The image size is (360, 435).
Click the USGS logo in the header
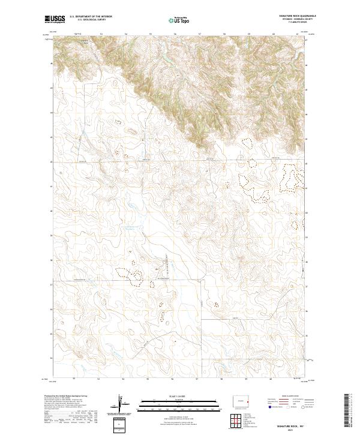click(55, 20)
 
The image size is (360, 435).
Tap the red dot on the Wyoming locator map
click(248, 401)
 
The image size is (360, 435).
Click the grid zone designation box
click(121, 425)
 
